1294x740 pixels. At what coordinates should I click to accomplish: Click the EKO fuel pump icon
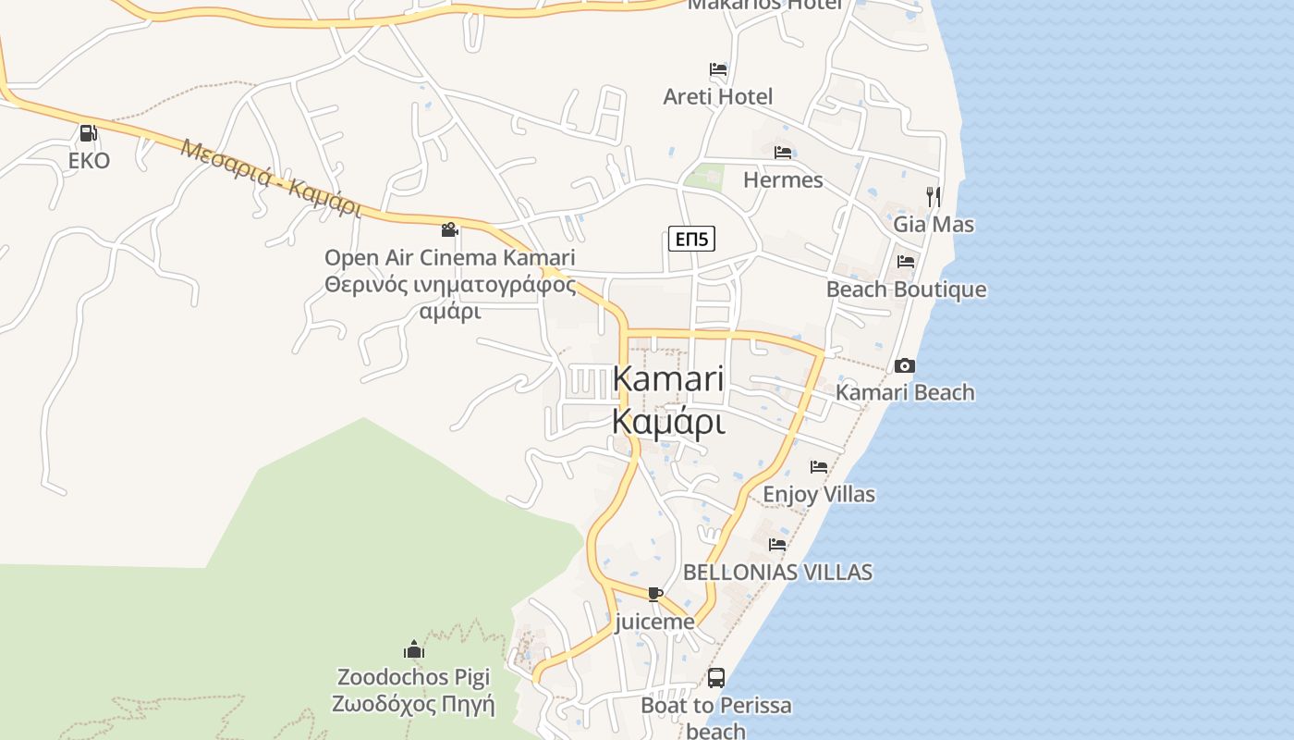point(88,132)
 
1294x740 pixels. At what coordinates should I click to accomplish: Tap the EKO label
point(89,161)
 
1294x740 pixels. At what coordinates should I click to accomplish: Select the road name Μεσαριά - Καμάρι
point(270,178)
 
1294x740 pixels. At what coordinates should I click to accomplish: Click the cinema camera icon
point(450,229)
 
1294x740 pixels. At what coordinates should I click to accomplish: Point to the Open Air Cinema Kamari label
point(449,257)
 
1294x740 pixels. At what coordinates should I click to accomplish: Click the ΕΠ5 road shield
point(691,240)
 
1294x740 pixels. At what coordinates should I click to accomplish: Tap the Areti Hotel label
point(718,96)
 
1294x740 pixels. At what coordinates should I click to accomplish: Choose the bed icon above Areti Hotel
point(718,69)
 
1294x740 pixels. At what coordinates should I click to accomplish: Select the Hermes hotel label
point(783,179)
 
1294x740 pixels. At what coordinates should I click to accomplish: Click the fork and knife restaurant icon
point(934,196)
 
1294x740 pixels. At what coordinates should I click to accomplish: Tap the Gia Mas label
point(934,224)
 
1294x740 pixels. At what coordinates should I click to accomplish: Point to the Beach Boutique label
point(906,290)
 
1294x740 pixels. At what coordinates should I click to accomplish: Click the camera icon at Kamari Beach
point(905,365)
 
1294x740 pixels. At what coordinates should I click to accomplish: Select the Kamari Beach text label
point(905,392)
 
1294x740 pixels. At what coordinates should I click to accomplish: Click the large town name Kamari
point(667,379)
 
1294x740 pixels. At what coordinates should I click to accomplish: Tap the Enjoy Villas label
point(818,494)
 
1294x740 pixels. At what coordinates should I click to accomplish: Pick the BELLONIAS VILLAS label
point(777,572)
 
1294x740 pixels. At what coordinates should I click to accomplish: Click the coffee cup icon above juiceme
point(655,594)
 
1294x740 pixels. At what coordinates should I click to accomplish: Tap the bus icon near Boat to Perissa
point(716,678)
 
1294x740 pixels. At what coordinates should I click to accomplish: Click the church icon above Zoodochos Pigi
point(413,649)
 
